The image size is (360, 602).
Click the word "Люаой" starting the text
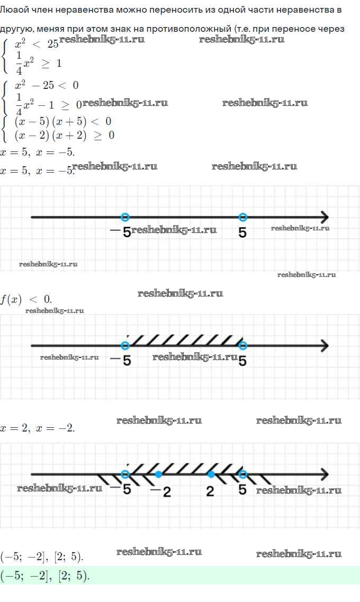(x=12, y=10)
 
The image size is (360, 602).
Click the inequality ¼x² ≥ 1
(x=38, y=62)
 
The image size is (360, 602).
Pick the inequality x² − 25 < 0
(x=47, y=85)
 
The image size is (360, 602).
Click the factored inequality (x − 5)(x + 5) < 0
(x=62, y=121)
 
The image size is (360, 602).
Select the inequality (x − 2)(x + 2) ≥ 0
(x=64, y=136)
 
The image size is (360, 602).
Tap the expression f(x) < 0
(x=26, y=300)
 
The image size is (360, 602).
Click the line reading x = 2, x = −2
(x=38, y=427)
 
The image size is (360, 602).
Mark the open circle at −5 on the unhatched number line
(x=125, y=217)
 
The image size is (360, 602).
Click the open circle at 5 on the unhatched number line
(x=242, y=217)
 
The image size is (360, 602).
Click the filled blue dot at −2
(x=158, y=474)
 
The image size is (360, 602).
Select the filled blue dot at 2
(x=211, y=474)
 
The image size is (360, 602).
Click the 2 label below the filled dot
(x=210, y=491)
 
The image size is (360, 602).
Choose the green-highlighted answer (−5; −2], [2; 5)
(x=46, y=576)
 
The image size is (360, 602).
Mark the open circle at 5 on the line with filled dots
(x=242, y=474)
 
